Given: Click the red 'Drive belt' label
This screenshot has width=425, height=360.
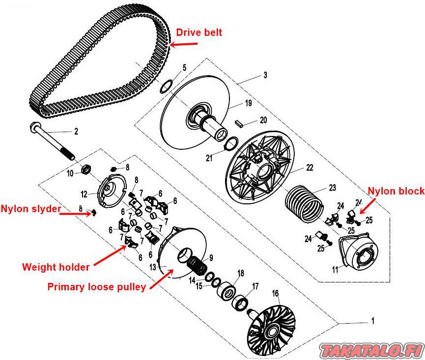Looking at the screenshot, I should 199,33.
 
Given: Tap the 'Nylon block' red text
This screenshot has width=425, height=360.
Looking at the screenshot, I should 396,191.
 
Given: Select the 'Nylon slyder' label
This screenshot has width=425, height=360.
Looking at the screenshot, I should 30,209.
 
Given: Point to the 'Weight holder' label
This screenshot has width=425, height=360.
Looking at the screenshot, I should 56,267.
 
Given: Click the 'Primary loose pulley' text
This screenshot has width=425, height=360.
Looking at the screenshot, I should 96,287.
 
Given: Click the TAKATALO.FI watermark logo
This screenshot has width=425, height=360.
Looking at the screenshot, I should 371,350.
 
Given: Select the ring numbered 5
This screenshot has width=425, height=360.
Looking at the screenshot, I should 167,86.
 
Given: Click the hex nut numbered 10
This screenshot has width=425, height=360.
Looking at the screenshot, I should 85,170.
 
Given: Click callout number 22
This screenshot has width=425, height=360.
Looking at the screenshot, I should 310,167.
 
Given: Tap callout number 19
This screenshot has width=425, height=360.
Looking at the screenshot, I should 248,103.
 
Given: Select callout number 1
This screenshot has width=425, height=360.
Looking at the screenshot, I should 372,321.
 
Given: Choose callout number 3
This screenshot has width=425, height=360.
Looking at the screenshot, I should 265,75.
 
